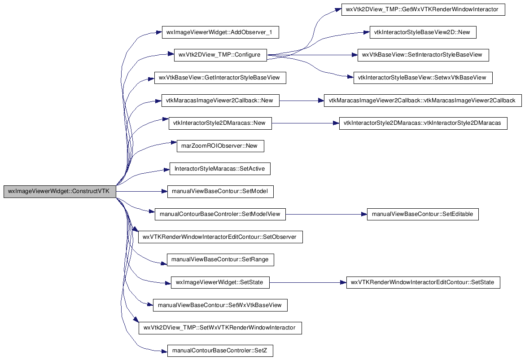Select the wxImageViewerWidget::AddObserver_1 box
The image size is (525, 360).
click(x=220, y=32)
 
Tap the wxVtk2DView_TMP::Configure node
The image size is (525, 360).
click(x=220, y=55)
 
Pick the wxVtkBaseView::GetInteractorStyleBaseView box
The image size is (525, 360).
click(x=220, y=78)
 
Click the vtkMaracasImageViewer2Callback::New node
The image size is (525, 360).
click(x=220, y=101)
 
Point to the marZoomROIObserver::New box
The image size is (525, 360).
click(x=220, y=146)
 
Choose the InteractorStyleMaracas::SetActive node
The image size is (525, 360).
click(x=220, y=169)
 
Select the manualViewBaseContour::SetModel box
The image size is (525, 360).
click(x=220, y=192)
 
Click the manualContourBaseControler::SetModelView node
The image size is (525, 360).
click(x=220, y=214)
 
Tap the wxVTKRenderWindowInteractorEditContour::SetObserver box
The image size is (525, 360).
click(x=220, y=237)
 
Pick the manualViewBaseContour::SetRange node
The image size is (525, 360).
click(x=220, y=260)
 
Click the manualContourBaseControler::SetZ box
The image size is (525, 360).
click(x=220, y=351)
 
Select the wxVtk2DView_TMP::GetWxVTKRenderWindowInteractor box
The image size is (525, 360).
click(x=423, y=9)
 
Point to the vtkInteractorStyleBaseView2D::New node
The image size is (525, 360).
click(x=423, y=32)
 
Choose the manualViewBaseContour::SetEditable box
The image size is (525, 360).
click(x=423, y=214)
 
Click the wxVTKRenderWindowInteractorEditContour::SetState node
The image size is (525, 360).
click(x=423, y=282)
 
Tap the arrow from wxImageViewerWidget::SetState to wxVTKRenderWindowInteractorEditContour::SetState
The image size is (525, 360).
click(x=308, y=283)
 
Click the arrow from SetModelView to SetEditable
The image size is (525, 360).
click(x=327, y=214)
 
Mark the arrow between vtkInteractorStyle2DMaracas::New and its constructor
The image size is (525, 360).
click(x=306, y=123)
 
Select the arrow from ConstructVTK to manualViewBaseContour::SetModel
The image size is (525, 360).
click(x=142, y=192)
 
